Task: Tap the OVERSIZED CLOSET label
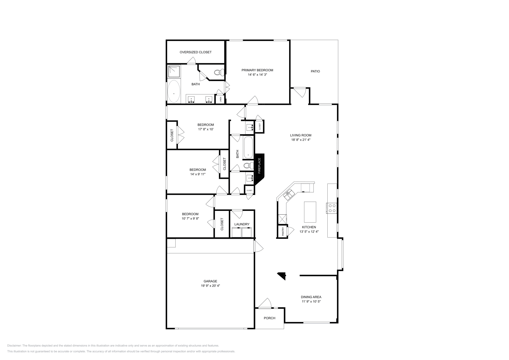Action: coord(195,52)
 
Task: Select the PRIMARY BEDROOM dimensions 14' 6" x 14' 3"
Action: coord(257,75)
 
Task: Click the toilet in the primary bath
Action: coord(218,73)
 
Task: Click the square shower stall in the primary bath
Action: coord(174,72)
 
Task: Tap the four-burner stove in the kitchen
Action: coord(332,208)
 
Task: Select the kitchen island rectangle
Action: coord(310,212)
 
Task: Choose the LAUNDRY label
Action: coord(242,224)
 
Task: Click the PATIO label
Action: coord(315,71)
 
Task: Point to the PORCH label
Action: coord(269,318)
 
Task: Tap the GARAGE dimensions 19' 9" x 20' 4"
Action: coord(210,286)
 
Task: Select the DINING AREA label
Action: coord(311,297)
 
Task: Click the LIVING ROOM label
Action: coord(301,135)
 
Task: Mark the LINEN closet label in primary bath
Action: coord(220,99)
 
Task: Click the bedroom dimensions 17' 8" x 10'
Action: coord(206,129)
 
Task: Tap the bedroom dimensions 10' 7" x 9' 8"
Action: coord(190,219)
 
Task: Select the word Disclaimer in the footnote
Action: coord(14,345)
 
